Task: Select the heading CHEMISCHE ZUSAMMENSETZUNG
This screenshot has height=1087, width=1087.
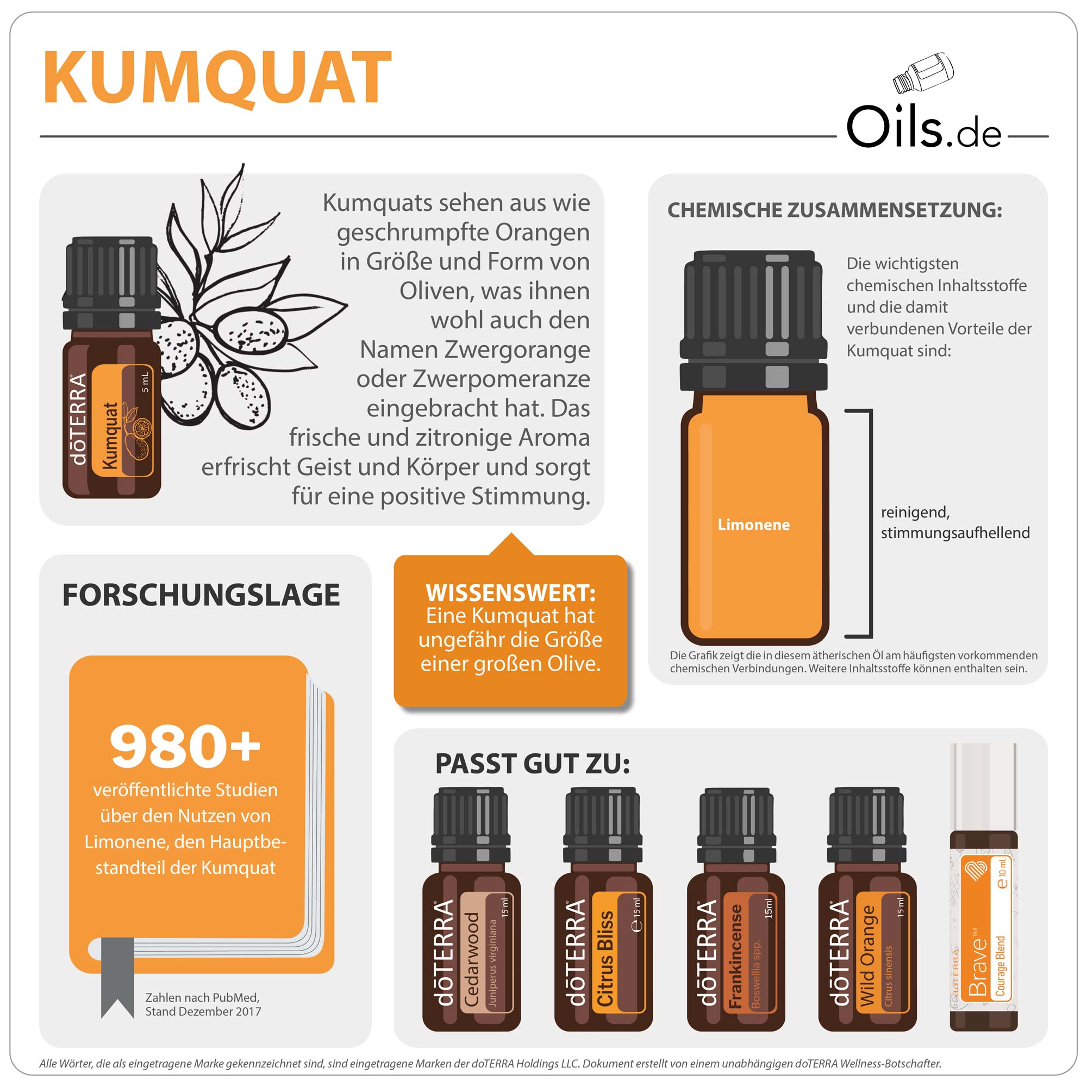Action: click(834, 210)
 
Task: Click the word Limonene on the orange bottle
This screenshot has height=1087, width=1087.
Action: click(753, 524)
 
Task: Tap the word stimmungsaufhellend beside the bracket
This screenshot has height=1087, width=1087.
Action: click(955, 533)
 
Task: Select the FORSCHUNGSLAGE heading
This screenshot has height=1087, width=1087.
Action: click(201, 595)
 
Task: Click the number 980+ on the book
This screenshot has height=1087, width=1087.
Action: click(185, 746)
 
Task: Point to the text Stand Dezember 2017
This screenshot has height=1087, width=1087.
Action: click(203, 1011)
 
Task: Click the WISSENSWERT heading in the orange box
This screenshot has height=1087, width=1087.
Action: click(510, 593)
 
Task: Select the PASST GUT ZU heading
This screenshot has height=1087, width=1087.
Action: click(532, 764)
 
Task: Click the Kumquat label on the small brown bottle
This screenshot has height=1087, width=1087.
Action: click(122, 420)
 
